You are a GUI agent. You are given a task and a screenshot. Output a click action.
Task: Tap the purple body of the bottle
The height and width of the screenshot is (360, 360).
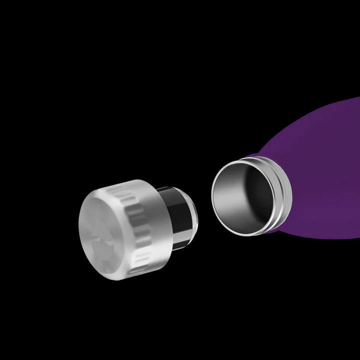click(320, 165)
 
